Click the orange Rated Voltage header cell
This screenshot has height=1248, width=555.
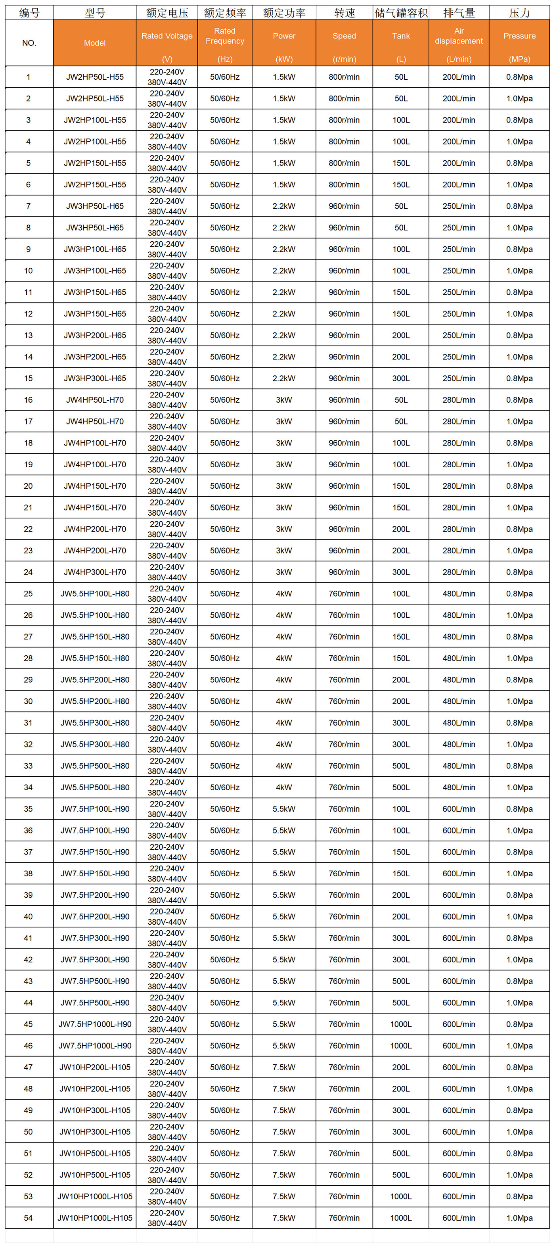pos(166,42)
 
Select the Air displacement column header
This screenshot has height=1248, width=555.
pos(459,42)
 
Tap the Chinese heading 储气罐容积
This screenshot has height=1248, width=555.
pos(401,13)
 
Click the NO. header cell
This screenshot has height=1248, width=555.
pos(29,42)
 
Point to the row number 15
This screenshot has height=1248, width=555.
pos(29,378)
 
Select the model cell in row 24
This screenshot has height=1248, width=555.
pos(95,572)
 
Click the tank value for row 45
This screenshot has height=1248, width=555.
pos(401,1024)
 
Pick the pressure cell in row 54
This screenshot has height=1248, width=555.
pos(519,1218)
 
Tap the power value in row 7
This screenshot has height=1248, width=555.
pos(284,206)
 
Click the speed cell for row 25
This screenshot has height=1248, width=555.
pos(344,593)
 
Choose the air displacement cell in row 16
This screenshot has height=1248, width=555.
pos(459,400)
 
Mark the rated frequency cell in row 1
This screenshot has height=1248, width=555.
pos(225,77)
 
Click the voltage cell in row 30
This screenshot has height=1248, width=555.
pos(166,701)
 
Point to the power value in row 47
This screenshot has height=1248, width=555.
pos(284,1067)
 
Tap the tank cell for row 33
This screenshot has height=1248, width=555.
pos(401,766)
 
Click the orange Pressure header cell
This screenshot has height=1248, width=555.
pos(519,42)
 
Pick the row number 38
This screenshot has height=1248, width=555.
pos(29,874)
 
